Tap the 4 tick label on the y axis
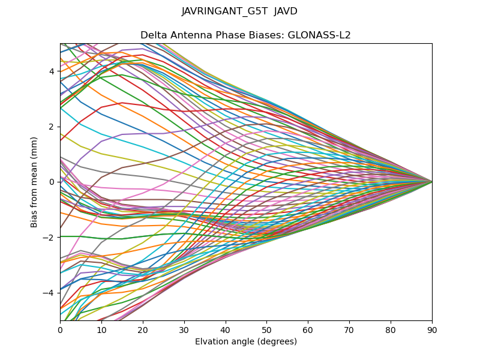[52, 71]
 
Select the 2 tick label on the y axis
[52, 127]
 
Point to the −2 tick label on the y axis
[50, 238]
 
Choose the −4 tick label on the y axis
[50, 293]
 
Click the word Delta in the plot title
[153, 35]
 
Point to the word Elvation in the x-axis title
[212, 342]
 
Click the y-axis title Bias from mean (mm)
[35, 181]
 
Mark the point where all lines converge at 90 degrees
[432, 182]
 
